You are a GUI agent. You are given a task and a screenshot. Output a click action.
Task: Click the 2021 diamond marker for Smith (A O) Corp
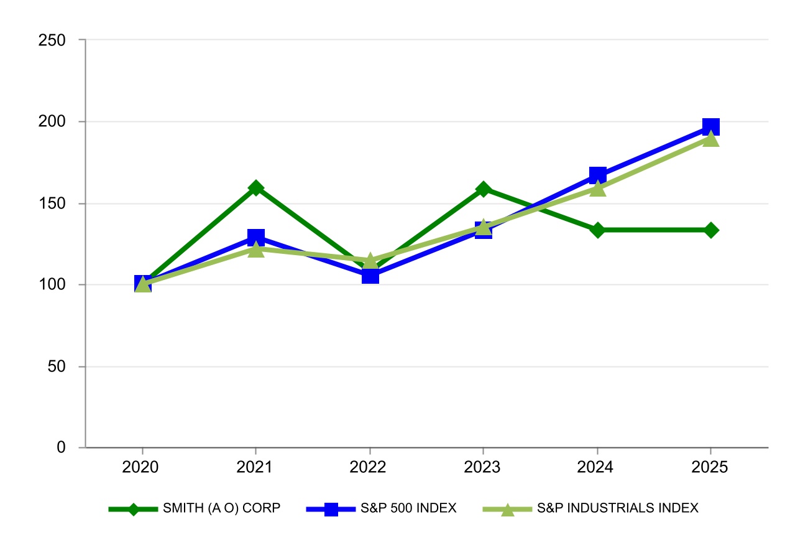point(256,188)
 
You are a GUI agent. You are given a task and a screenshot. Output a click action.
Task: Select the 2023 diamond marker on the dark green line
point(484,189)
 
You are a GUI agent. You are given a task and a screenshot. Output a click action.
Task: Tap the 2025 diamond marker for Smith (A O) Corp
point(711,230)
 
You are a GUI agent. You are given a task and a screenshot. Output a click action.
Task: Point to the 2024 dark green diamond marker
point(597,230)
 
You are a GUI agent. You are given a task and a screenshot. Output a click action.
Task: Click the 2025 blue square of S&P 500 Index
point(711,127)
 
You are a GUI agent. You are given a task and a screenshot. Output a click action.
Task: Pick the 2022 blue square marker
point(370,275)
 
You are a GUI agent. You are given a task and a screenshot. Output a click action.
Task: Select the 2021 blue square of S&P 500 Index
point(256,237)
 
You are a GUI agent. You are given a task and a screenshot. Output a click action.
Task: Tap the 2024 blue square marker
point(597,175)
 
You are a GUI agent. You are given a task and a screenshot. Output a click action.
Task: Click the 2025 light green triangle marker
point(711,139)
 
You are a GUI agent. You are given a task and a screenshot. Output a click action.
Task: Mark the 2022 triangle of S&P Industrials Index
point(370,260)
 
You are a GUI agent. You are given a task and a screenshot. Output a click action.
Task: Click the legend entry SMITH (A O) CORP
point(221,508)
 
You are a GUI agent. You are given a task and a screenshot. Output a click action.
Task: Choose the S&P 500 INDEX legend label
point(408,508)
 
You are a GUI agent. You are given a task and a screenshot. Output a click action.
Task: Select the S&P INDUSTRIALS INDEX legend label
point(617,508)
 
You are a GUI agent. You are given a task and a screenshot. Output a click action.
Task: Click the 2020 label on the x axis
point(142,467)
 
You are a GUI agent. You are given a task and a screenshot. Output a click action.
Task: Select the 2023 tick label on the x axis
point(484,467)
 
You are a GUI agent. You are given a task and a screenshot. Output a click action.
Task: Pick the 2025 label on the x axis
point(711,467)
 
